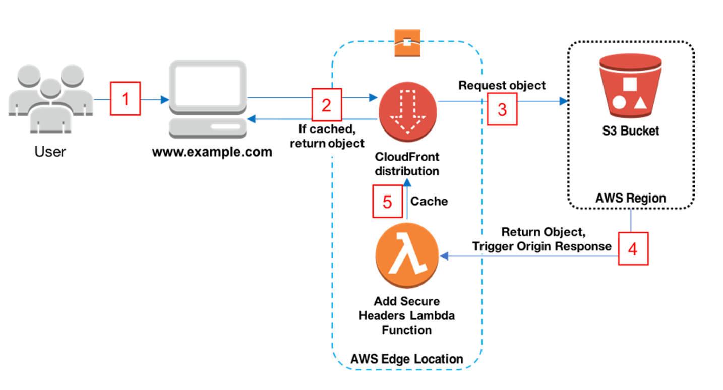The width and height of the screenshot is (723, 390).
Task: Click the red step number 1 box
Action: point(126,99)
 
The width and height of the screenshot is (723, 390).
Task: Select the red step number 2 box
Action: point(326,105)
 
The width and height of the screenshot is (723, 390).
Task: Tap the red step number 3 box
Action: point(502,109)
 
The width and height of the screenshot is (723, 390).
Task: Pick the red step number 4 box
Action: point(633,248)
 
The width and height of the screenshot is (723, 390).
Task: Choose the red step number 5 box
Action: point(387,202)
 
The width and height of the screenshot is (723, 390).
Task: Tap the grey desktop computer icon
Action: point(208,100)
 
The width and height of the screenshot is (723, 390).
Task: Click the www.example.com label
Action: point(212,151)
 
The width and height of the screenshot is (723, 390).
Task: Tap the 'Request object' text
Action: point(502,85)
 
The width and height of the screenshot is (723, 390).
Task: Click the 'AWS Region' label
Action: point(630,198)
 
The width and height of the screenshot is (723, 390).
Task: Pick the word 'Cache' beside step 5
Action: point(429,201)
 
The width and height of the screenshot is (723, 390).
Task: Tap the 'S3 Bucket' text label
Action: point(630,131)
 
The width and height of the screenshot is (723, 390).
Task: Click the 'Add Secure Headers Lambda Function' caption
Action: point(406,315)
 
